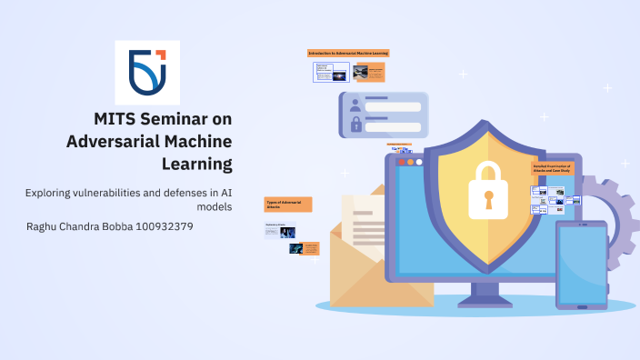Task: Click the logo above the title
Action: (147, 72)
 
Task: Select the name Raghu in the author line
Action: (45, 225)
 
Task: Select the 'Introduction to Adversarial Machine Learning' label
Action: (348, 54)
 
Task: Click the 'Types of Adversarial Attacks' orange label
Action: (288, 204)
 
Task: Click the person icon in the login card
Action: (355, 106)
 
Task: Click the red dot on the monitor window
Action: (399, 162)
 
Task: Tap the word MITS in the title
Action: (114, 119)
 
